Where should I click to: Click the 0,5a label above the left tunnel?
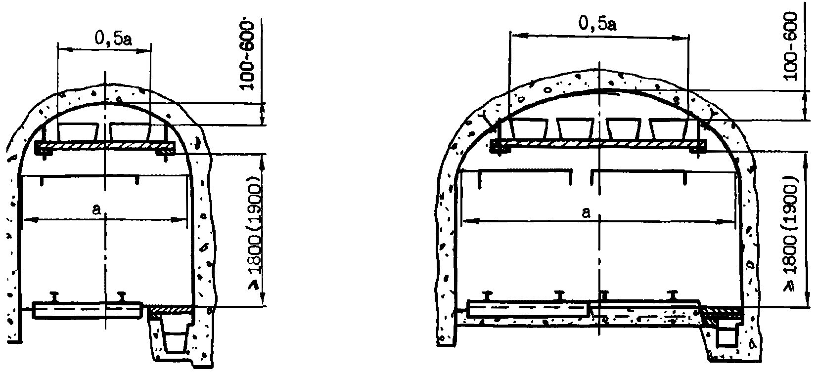click(x=113, y=38)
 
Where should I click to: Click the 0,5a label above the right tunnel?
click(x=597, y=24)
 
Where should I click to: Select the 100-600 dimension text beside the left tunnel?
click(x=248, y=55)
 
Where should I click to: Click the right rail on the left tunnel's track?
click(x=122, y=297)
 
